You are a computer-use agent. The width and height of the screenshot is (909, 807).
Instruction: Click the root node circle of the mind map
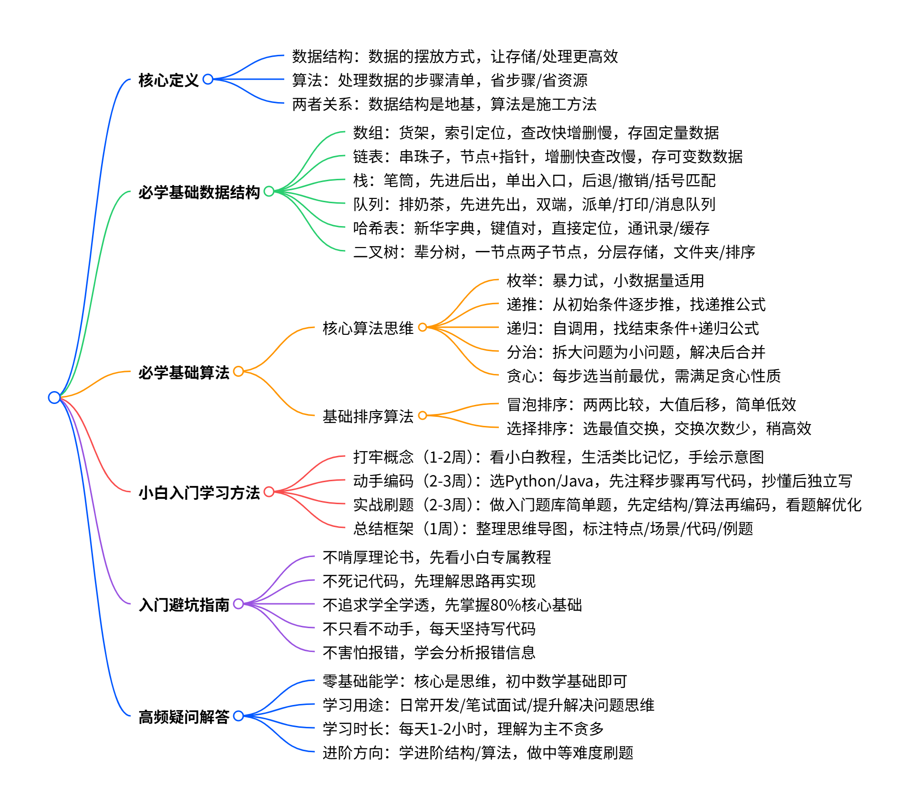pyautogui.click(x=54, y=397)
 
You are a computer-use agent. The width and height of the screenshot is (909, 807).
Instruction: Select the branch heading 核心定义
pyautogui.click(x=168, y=80)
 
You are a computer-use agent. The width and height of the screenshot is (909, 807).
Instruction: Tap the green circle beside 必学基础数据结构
pyautogui.click(x=269, y=191)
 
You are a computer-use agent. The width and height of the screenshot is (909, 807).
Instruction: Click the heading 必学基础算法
pyautogui.click(x=184, y=372)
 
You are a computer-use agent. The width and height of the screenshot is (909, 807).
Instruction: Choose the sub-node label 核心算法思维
pyautogui.click(x=368, y=328)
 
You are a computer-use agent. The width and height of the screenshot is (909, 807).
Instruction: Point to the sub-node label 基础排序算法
pyautogui.click(x=368, y=416)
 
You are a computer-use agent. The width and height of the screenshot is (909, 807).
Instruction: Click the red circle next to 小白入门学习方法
pyautogui.click(x=269, y=492)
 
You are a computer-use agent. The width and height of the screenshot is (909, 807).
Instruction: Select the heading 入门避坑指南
pyautogui.click(x=184, y=605)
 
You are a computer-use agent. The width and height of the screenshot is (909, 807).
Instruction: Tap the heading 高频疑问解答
pyautogui.click(x=184, y=716)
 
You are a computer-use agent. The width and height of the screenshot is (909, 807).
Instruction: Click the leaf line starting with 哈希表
pyautogui.click(x=531, y=228)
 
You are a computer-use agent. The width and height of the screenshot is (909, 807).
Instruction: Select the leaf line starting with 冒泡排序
pyautogui.click(x=651, y=405)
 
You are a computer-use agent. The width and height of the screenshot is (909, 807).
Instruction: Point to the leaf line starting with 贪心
pyautogui.click(x=643, y=376)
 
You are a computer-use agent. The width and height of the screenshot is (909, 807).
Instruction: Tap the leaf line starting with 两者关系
pyautogui.click(x=444, y=104)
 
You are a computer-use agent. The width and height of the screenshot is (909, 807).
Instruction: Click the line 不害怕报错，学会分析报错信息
pyautogui.click(x=429, y=652)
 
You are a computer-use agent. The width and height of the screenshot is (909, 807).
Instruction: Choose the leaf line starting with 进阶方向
pyautogui.click(x=477, y=753)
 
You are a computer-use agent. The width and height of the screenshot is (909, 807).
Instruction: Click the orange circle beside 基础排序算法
pyautogui.click(x=422, y=416)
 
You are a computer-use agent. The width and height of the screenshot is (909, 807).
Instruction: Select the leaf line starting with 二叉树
pyautogui.click(x=554, y=252)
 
